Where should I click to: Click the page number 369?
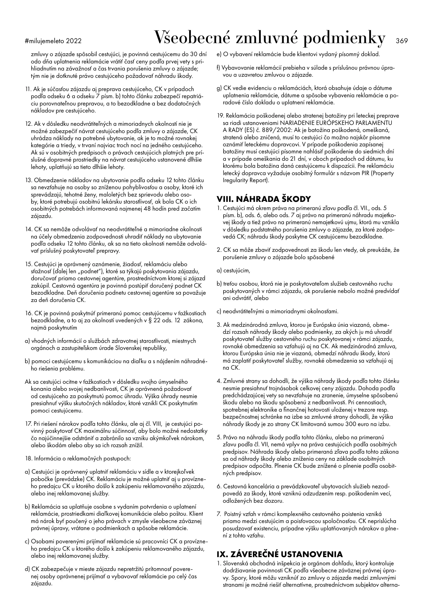[x=402, y=41]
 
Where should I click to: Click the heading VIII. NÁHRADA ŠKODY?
[x=263, y=199]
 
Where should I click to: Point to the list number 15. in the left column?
[x=29, y=264]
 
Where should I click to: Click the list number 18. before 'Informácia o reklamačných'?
[x=29, y=458]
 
